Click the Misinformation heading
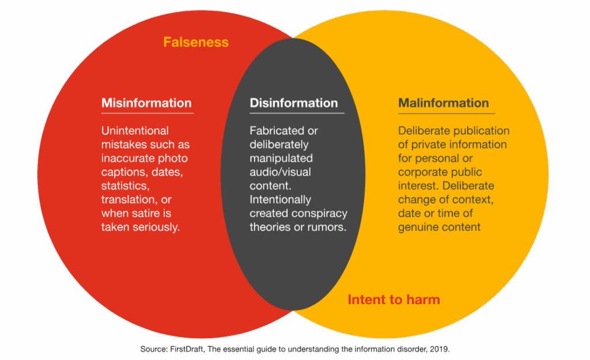point(146,103)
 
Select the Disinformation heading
point(293,103)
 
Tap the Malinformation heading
point(443,103)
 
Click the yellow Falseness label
point(196,42)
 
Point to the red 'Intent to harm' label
point(394,300)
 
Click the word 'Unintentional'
point(135,131)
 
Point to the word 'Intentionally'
point(280,199)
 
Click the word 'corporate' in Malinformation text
point(422,172)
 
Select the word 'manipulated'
point(281,158)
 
